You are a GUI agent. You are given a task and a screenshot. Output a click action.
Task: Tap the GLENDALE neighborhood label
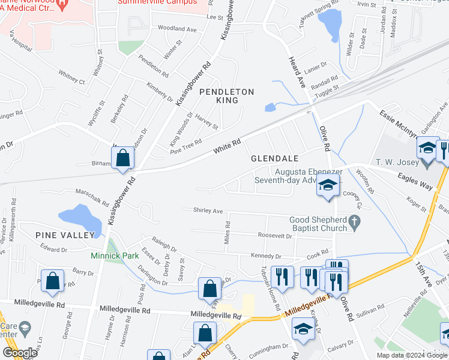(274, 158)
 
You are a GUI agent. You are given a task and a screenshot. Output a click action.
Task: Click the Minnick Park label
(115, 256)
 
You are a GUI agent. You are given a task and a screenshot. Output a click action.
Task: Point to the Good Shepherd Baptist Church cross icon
(355, 223)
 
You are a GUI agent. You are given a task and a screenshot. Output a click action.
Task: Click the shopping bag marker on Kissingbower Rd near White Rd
(122, 158)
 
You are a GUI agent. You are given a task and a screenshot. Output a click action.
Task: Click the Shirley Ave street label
(208, 211)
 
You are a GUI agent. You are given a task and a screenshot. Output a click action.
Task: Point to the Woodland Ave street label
(177, 29)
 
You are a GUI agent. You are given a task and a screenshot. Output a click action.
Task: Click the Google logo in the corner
(20, 353)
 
